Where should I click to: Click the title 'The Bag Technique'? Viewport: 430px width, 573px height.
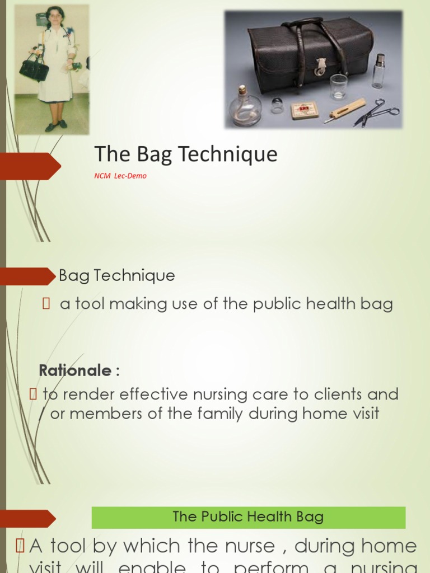(185, 154)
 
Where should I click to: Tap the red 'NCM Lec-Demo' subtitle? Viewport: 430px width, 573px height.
(120, 176)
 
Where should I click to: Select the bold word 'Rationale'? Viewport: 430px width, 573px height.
(76, 370)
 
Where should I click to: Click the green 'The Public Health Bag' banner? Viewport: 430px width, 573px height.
(248, 517)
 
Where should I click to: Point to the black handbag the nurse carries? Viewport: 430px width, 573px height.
(34, 69)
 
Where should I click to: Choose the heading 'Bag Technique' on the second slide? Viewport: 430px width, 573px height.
(116, 276)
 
